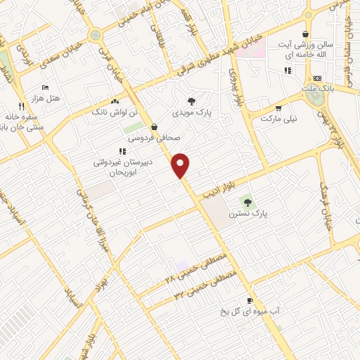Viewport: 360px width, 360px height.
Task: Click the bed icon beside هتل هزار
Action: [x=46, y=88]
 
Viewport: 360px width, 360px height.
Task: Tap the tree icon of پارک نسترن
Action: [x=247, y=202]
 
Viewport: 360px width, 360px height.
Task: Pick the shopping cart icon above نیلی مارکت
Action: [x=278, y=108]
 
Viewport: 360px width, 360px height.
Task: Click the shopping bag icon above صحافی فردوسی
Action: [x=154, y=127]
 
